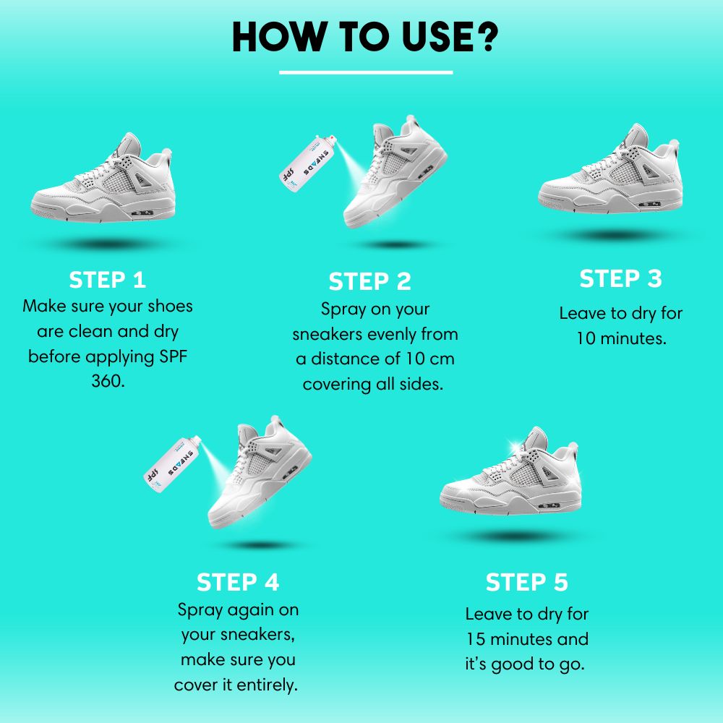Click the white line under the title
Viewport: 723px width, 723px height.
[366, 72]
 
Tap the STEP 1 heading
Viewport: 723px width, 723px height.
[107, 280]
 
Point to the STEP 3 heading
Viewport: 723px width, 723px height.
[620, 278]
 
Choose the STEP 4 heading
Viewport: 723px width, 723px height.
[238, 582]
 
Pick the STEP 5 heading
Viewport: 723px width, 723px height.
[526, 582]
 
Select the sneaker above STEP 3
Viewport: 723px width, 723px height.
[611, 174]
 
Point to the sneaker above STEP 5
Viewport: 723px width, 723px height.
[511, 470]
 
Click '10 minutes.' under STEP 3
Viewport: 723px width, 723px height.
[620, 338]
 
